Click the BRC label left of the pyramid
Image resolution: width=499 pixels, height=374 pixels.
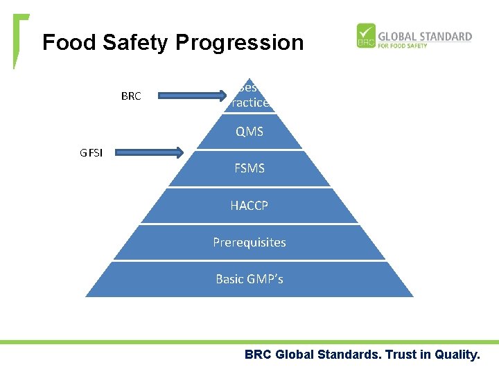(130, 96)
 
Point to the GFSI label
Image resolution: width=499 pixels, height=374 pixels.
(91, 153)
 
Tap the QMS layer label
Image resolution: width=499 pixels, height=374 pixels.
(249, 132)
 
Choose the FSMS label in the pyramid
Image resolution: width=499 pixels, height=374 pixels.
(249, 168)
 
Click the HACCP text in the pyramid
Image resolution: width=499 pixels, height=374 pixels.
(249, 206)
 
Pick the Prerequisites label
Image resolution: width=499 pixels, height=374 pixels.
(249, 242)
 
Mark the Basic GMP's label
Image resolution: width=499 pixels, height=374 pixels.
(249, 279)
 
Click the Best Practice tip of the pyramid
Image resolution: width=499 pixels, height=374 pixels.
(249, 96)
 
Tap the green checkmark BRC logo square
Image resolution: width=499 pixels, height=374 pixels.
(365, 36)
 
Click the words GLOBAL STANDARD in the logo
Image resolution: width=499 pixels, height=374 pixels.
(424, 36)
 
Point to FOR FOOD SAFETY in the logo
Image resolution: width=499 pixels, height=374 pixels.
(403, 46)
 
